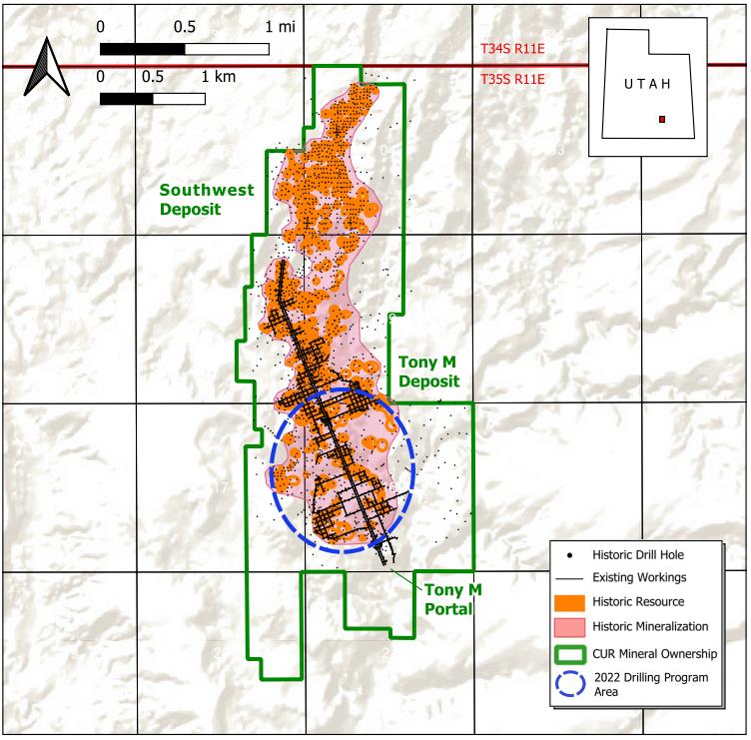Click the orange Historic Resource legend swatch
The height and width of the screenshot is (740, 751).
point(573,602)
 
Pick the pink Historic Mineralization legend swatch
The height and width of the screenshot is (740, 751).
point(573,626)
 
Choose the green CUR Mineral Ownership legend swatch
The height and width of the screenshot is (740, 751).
point(573,652)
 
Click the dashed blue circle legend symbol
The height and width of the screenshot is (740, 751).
point(573,683)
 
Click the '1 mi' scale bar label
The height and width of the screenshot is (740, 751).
point(281,27)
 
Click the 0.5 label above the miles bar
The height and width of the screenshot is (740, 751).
point(184,27)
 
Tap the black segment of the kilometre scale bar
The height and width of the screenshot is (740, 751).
point(127,99)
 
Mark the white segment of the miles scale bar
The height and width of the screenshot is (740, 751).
point(227,48)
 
